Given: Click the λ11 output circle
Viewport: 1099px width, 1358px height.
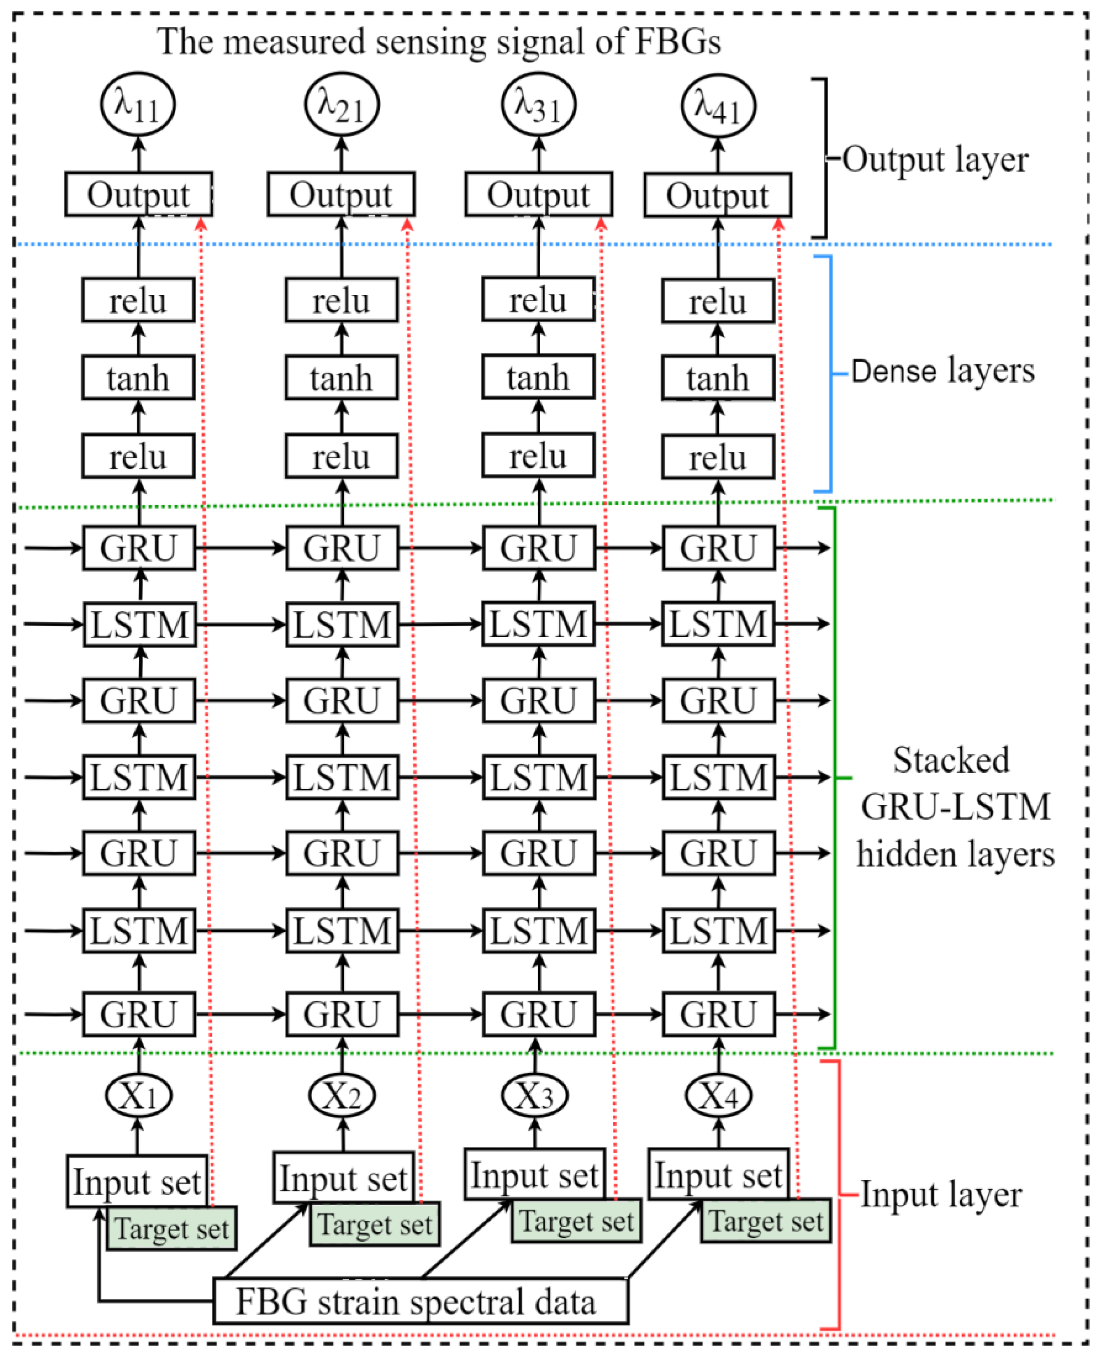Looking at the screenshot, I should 138,104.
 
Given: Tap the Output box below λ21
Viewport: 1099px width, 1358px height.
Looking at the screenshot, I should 341,194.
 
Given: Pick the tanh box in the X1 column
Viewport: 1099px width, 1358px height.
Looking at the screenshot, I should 138,378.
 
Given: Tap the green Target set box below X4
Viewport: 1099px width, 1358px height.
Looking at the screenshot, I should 765,1221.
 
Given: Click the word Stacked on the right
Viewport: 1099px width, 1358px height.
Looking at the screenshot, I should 951,760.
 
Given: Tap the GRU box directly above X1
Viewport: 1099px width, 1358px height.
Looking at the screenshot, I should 138,1014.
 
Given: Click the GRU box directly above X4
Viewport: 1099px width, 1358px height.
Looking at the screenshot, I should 719,1014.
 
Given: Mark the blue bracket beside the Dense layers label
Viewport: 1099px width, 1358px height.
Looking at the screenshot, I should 829,374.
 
